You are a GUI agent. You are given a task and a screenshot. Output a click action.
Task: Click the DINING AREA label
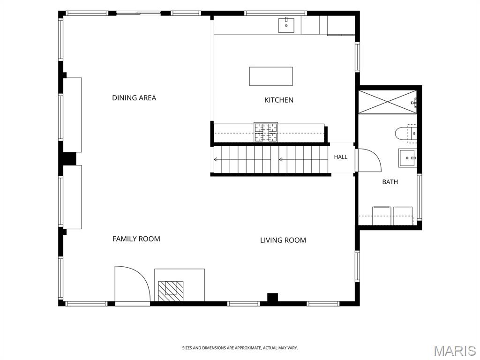coord(134,98)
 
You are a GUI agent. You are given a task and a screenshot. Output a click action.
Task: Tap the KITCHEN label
coord(279,100)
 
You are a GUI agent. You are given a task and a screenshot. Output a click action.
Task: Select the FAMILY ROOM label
coord(136,239)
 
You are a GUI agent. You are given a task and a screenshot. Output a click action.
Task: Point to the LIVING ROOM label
coord(283,240)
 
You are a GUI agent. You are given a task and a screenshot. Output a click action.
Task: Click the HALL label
coord(341,157)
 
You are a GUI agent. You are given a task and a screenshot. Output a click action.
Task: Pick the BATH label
coord(390,182)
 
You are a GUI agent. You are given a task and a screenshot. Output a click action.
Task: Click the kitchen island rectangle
coord(271,76)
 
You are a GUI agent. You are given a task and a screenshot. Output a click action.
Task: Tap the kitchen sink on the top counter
coord(286,25)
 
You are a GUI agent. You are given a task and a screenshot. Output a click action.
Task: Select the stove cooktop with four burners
coord(266,132)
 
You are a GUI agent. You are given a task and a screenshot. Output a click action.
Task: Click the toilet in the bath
coord(406,134)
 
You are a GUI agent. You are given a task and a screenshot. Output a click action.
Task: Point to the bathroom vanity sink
coord(407,158)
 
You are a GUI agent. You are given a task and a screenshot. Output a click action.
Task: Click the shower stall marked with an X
coord(388,102)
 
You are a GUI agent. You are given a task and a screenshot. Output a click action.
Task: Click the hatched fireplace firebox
coord(171,291)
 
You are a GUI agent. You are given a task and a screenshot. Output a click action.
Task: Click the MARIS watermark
coord(455,351)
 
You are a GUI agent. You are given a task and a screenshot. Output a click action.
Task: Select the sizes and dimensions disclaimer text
coord(240,348)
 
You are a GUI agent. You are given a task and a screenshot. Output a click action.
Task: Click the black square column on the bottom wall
coord(272,298)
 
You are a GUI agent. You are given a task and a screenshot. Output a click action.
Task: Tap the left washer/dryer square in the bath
coord(382,216)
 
